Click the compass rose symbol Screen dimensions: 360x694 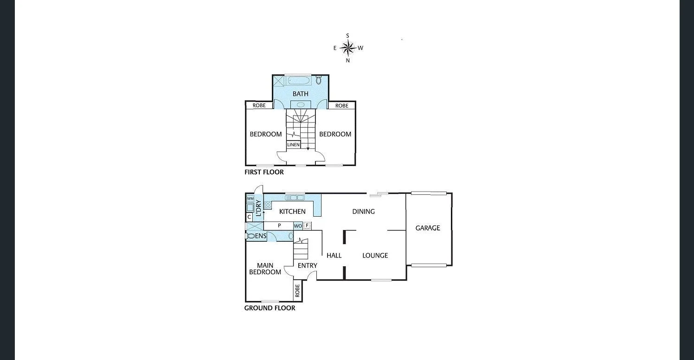(347, 47)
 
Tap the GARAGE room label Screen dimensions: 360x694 (427, 228)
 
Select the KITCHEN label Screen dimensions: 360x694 (292, 212)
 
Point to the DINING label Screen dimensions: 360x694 (363, 212)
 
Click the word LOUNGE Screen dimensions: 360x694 (375, 255)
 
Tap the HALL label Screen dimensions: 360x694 (334, 255)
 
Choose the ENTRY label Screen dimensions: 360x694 (307, 265)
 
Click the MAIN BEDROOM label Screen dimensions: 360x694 (265, 269)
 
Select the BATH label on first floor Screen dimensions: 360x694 (300, 94)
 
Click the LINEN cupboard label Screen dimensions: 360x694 (293, 145)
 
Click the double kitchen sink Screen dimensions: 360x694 (295, 198)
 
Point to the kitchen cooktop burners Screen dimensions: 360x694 (268, 205)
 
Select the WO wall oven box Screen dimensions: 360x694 (298, 226)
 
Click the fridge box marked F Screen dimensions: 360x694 (307, 225)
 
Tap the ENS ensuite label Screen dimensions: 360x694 (261, 236)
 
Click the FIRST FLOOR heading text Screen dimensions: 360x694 (264, 172)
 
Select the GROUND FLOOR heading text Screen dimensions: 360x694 (270, 308)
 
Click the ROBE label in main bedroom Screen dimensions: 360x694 (297, 290)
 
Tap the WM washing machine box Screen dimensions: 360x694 (250, 198)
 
